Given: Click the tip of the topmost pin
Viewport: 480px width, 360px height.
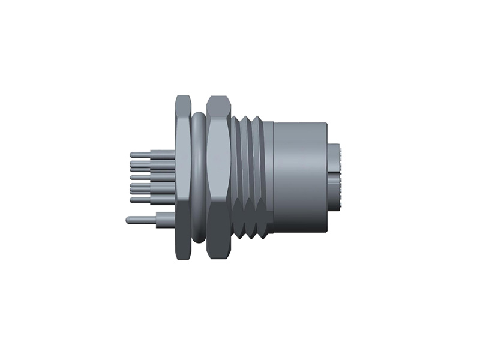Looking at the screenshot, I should pyautogui.click(x=132, y=155).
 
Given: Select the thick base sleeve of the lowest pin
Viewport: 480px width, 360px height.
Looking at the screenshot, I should pyautogui.click(x=164, y=220).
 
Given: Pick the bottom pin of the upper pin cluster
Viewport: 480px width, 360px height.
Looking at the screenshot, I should pyautogui.click(x=133, y=199).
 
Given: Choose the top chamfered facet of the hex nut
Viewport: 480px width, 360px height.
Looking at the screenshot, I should pyautogui.click(x=218, y=105).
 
